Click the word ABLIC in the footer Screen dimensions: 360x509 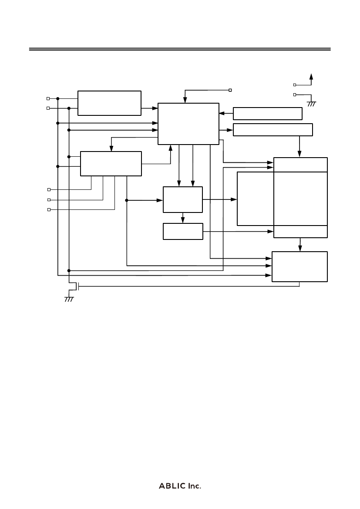pyautogui.click(x=172, y=486)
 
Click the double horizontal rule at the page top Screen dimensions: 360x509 pyautogui.click(x=180, y=49)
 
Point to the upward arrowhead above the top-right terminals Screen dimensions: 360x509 pyautogui.click(x=311, y=77)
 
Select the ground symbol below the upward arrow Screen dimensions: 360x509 pyautogui.click(x=312, y=104)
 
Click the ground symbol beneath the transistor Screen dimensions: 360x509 pyautogui.click(x=69, y=299)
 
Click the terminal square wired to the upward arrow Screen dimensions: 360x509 pyautogui.click(x=295, y=85)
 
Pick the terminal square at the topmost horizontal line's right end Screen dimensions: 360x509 pyautogui.click(x=230, y=90)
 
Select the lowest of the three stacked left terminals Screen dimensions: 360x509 pyautogui.click(x=49, y=210)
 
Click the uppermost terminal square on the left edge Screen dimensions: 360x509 pyautogui.click(x=48, y=98)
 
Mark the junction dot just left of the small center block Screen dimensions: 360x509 pyautogui.click(x=127, y=200)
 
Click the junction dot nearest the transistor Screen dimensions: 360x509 pyautogui.click(x=69, y=270)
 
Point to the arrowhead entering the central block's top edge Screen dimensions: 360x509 pyautogui.click(x=185, y=100)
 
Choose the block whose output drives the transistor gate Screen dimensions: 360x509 pyautogui.click(x=299, y=266)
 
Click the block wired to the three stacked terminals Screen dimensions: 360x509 pyautogui.click(x=111, y=164)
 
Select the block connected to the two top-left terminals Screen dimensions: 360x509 pyautogui.click(x=109, y=103)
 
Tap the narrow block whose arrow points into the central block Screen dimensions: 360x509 pyautogui.click(x=268, y=114)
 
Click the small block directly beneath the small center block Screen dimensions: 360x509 pyautogui.click(x=183, y=232)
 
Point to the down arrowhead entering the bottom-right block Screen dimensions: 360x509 pyautogui.click(x=300, y=248)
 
